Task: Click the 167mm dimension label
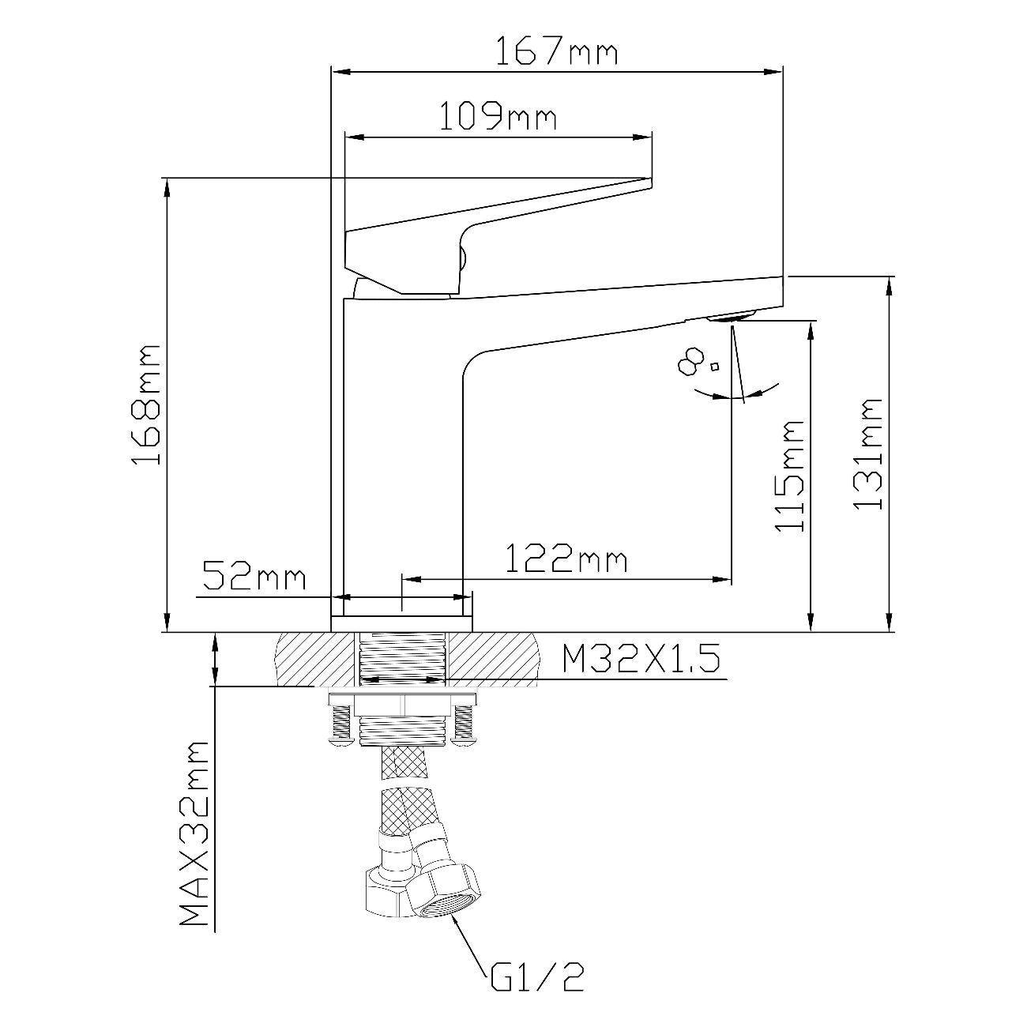557,51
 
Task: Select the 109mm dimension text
498,117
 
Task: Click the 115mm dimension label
789,476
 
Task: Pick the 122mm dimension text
566,558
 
